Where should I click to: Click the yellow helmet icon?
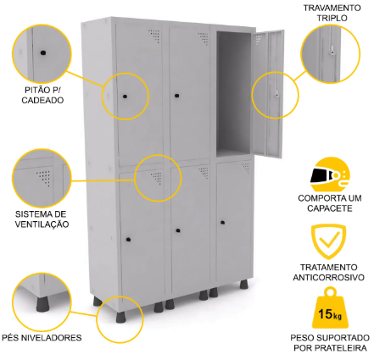330,174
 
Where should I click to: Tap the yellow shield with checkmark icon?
328,241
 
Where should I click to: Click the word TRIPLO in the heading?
332,18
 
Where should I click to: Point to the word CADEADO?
42,100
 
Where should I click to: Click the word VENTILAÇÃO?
42,224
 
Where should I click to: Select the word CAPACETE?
330,208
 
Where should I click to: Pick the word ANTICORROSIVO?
328,277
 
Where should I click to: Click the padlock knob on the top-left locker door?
125,97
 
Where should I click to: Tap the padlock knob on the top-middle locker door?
177,96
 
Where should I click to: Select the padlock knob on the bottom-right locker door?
223,223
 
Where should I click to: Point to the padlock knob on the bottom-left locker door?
128,240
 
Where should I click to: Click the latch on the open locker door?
276,93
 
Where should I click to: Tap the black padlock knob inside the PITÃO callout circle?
42,53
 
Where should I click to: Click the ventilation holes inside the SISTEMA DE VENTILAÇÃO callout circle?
44,178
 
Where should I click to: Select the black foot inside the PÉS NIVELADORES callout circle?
42,303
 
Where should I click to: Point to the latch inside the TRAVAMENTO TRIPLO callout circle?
332,51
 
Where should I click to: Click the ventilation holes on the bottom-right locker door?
246,168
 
